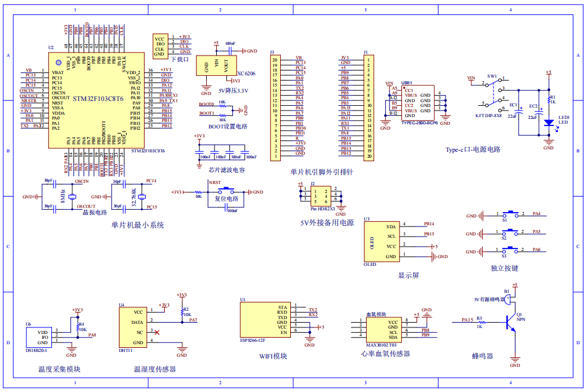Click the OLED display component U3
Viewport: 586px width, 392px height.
tap(382, 241)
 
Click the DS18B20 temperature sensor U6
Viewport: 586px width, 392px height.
tap(37, 338)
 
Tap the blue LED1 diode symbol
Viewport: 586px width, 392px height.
tap(548, 121)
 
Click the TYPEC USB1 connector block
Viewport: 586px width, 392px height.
tap(416, 103)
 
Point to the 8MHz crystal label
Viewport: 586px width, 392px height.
tap(63, 195)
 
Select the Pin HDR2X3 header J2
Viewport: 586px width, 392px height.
tap(321, 195)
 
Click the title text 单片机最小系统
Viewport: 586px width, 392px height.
tap(137, 225)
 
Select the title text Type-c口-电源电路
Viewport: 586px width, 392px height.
tap(473, 150)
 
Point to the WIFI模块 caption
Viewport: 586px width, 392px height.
tap(272, 356)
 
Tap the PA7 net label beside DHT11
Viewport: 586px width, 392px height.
tap(193, 320)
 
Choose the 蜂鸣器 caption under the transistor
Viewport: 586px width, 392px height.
tap(483, 356)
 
